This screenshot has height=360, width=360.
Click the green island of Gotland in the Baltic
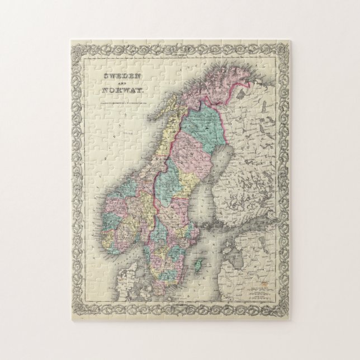point(197,263)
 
